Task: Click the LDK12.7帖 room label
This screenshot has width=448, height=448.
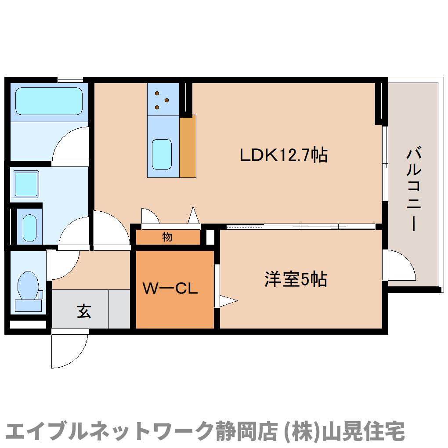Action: pos(283,155)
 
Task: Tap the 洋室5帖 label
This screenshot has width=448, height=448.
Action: pos(295,279)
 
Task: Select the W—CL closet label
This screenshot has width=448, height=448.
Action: pos(171,289)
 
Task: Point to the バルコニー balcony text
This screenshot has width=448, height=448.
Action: pos(414,189)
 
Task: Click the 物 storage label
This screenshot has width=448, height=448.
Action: pos(167,237)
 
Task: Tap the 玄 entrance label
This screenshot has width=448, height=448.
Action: pos(84,311)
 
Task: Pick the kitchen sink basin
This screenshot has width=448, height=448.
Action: pos(162,154)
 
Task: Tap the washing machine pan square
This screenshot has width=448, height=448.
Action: pos(25,184)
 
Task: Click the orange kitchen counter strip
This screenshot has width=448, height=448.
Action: pos(188,146)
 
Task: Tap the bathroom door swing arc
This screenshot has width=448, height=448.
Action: pos(70,144)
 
